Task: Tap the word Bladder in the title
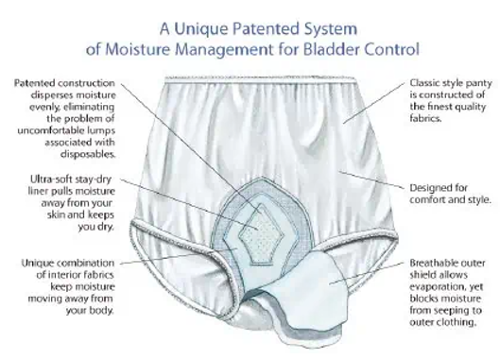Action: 332,49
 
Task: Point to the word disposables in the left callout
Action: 88,154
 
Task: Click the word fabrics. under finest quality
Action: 425,118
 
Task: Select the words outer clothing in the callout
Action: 442,322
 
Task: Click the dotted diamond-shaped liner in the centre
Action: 261,235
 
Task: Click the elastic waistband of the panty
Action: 260,79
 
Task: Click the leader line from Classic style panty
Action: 374,103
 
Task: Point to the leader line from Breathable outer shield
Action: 367,273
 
